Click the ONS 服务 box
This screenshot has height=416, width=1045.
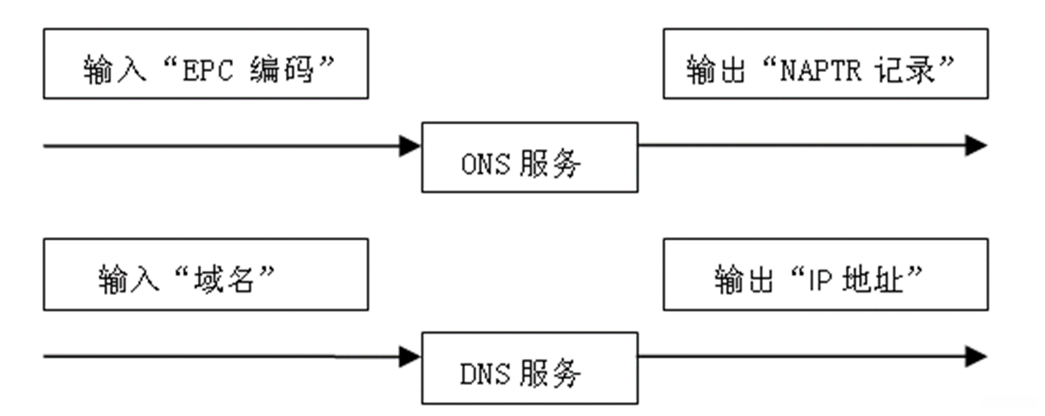pos(529,157)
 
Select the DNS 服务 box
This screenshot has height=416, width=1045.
pos(529,368)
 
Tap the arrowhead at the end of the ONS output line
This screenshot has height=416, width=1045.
pos(976,145)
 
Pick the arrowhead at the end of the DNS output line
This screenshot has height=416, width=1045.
pos(976,357)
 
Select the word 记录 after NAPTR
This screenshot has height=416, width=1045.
pos(904,71)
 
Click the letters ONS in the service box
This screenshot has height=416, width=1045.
pos(484,164)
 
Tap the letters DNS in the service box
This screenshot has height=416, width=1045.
pos(484,375)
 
